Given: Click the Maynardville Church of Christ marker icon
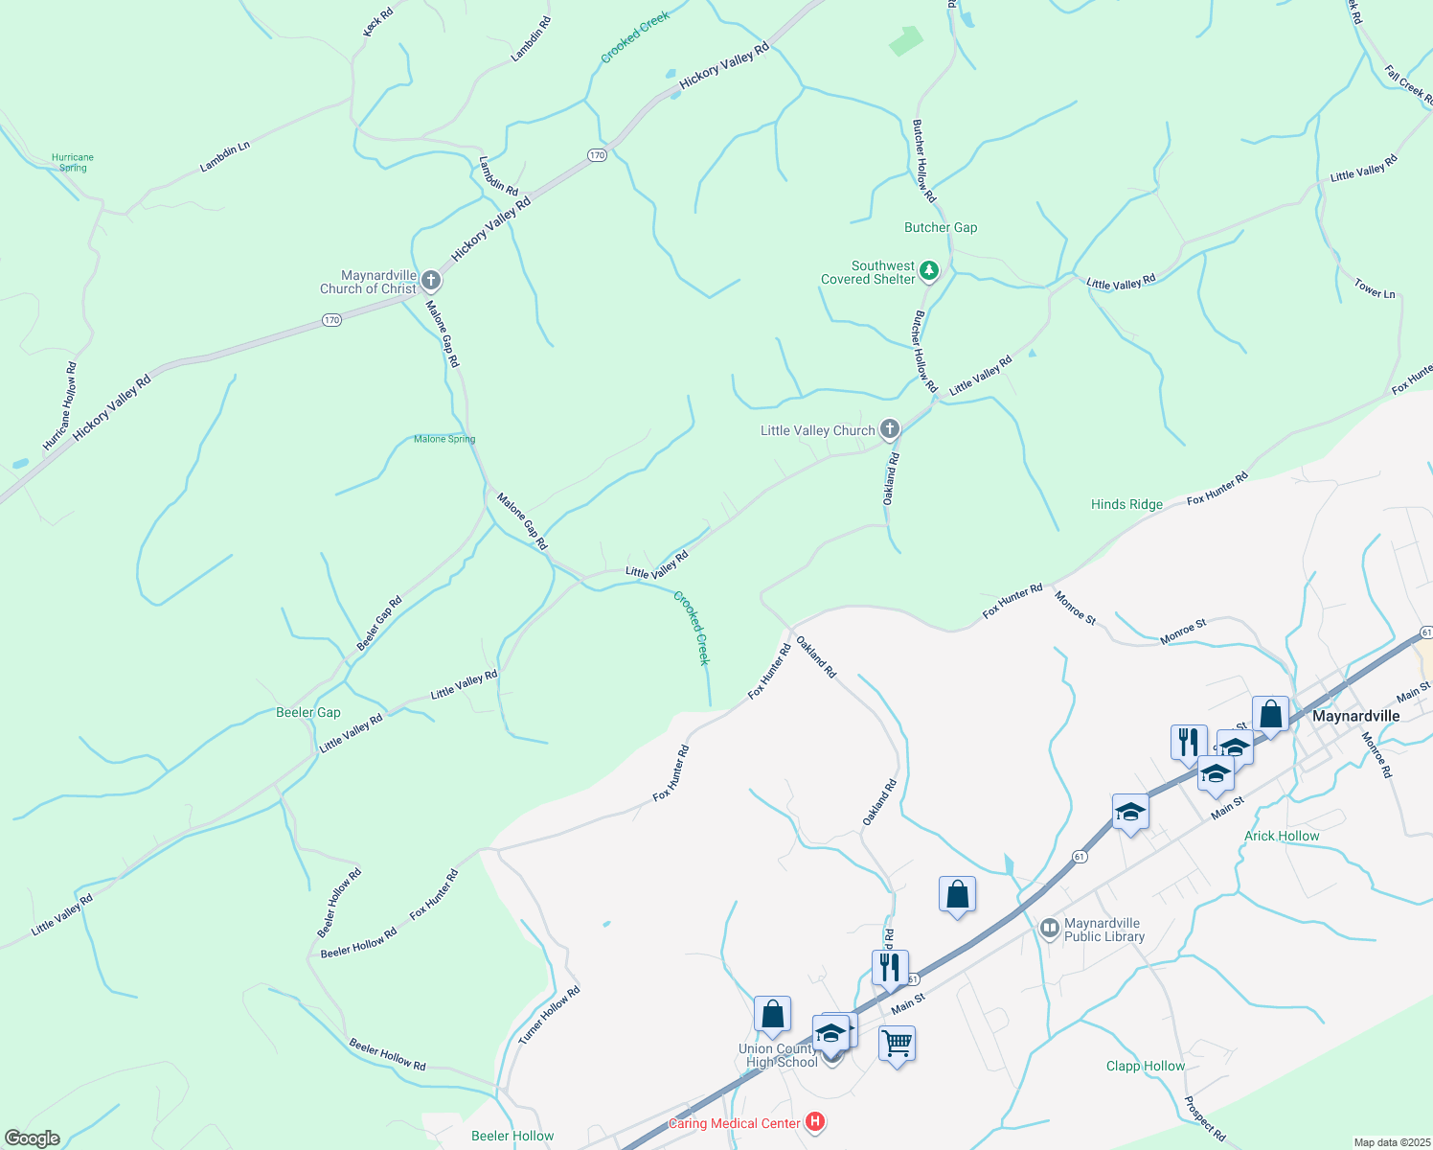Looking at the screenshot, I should coord(431,281).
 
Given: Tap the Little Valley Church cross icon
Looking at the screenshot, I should coord(890,429).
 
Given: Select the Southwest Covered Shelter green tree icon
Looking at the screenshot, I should coord(928,271).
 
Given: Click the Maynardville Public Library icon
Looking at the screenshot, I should coord(1050,928).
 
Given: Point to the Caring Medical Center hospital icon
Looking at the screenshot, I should coord(815,1122).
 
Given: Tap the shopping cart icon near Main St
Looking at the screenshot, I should coord(897,1043).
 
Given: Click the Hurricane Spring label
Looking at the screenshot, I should coord(73,162).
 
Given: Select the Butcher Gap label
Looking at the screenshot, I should coord(941,227).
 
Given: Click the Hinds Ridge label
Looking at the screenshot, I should coord(1126,504).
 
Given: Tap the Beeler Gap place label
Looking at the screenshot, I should coord(307,712).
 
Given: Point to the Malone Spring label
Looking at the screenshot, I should coord(444,439).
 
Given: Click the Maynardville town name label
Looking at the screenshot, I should coord(1355,716).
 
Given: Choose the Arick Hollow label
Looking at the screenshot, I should coord(1282,836).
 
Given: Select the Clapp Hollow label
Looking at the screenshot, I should coord(1145,1066).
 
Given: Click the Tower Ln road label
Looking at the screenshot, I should coord(1375,288).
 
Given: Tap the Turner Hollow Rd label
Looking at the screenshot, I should coord(549,1016).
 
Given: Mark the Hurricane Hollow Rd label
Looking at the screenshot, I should coord(58,406).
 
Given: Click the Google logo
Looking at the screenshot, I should coord(32,1138).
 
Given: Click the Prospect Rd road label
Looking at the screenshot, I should coord(1204,1118).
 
